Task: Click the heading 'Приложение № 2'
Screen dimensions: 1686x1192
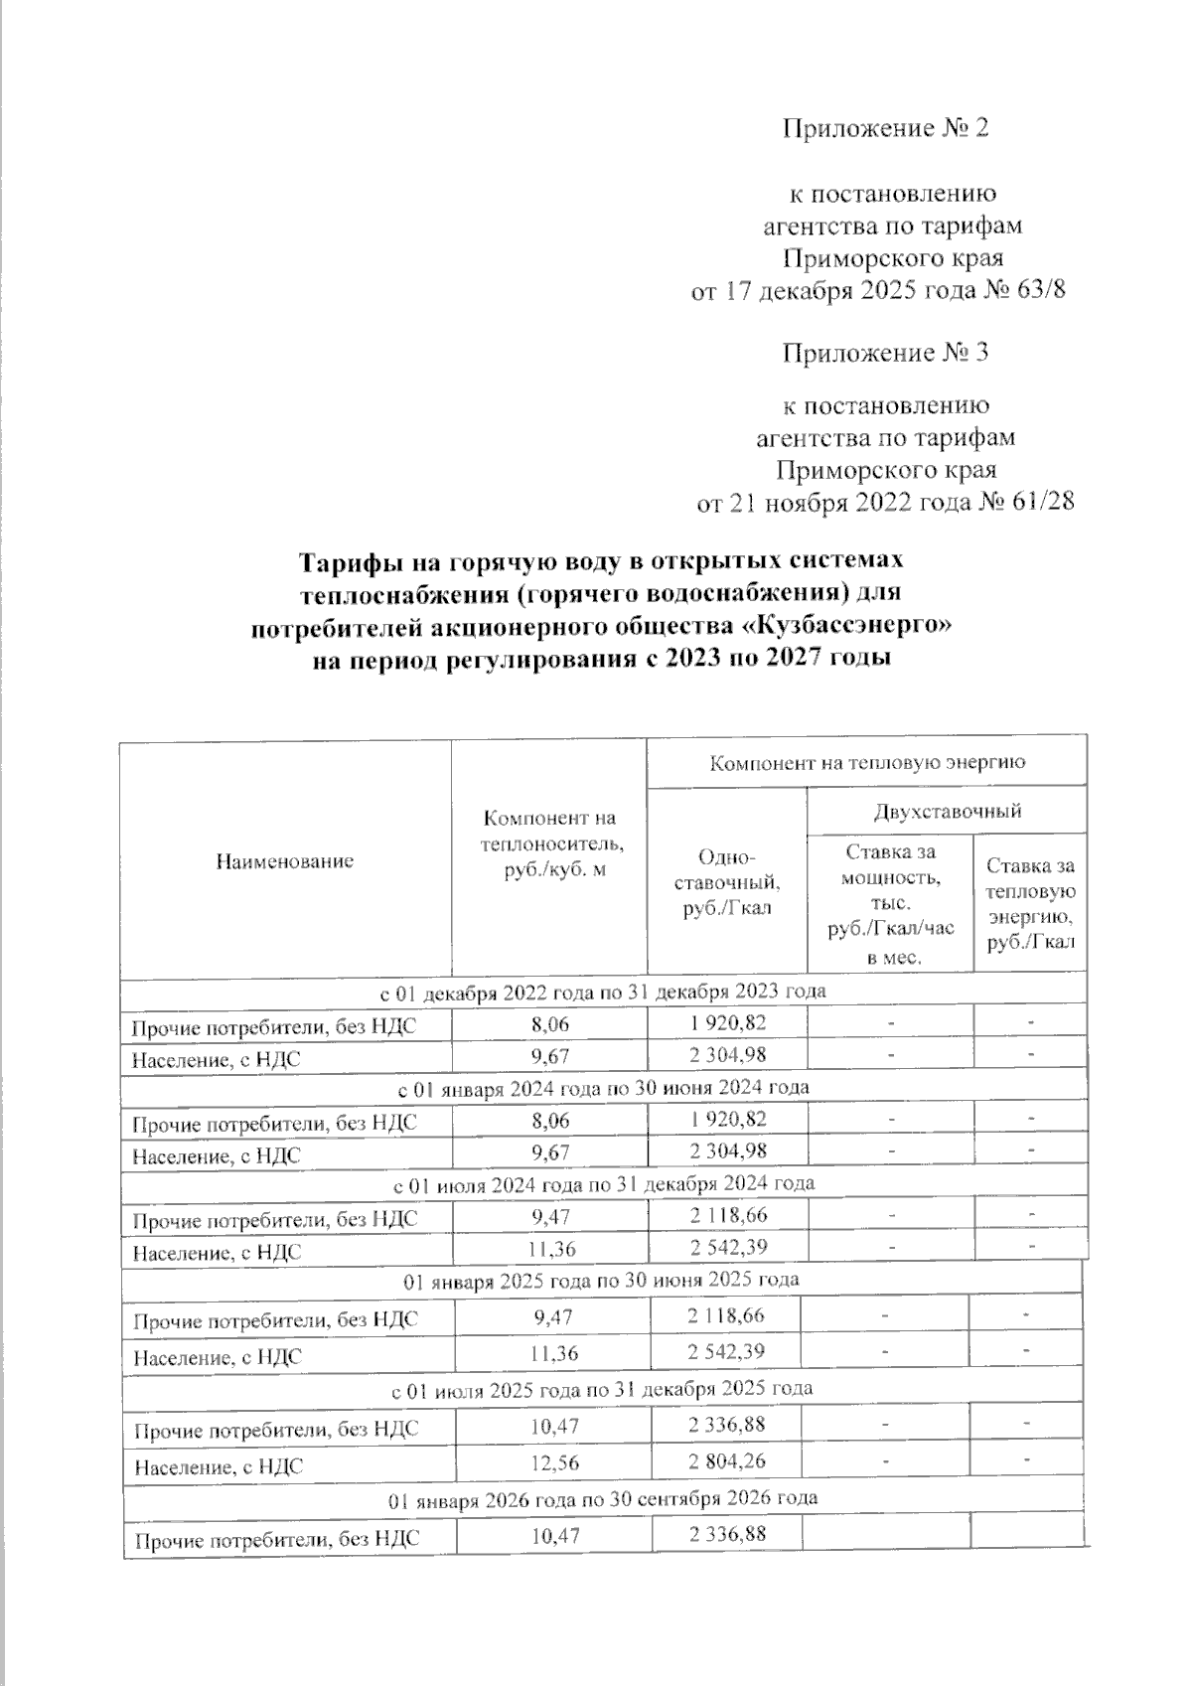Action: [x=886, y=129]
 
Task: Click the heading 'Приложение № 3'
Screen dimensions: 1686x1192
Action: [x=885, y=354]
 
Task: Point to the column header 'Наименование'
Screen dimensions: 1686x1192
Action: [x=284, y=860]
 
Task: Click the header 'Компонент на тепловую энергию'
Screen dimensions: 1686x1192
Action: [x=866, y=762]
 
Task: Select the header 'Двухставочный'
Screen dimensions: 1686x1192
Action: [x=947, y=812]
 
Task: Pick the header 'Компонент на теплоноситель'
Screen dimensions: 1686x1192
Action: [x=550, y=843]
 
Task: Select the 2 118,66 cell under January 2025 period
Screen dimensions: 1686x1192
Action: [x=727, y=1316]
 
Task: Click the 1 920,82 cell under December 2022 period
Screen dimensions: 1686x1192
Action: [x=727, y=1021]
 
